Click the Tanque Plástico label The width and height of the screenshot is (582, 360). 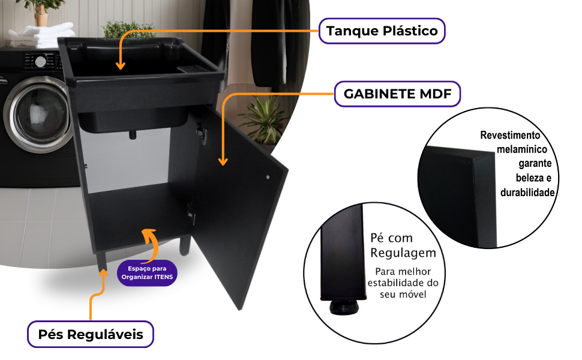pos(382,31)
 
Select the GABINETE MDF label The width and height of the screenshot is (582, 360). pos(397,94)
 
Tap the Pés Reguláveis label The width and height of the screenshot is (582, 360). pos(91,334)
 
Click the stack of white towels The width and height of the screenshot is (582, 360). pos(35,36)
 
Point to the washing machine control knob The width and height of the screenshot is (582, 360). pos(40,61)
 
